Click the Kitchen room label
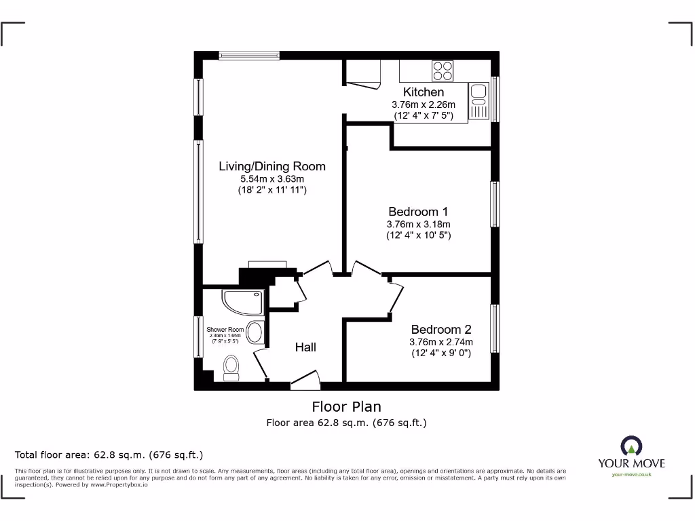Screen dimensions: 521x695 tap(424, 92)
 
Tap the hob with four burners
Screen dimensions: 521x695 tap(443, 71)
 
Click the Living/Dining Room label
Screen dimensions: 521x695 tap(271, 166)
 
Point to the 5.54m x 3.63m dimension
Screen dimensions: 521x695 tap(271, 179)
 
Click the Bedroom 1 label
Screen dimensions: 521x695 tap(418, 212)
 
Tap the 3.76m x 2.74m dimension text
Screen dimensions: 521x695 tap(440, 342)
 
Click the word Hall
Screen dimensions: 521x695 tap(305, 347)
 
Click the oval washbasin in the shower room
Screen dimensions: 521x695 tap(255, 332)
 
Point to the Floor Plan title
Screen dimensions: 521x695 tap(346, 406)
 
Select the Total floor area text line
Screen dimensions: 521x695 tap(109, 455)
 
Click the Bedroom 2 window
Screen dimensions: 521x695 tap(495, 328)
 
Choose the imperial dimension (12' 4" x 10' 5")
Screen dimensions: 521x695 tap(418, 235)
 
